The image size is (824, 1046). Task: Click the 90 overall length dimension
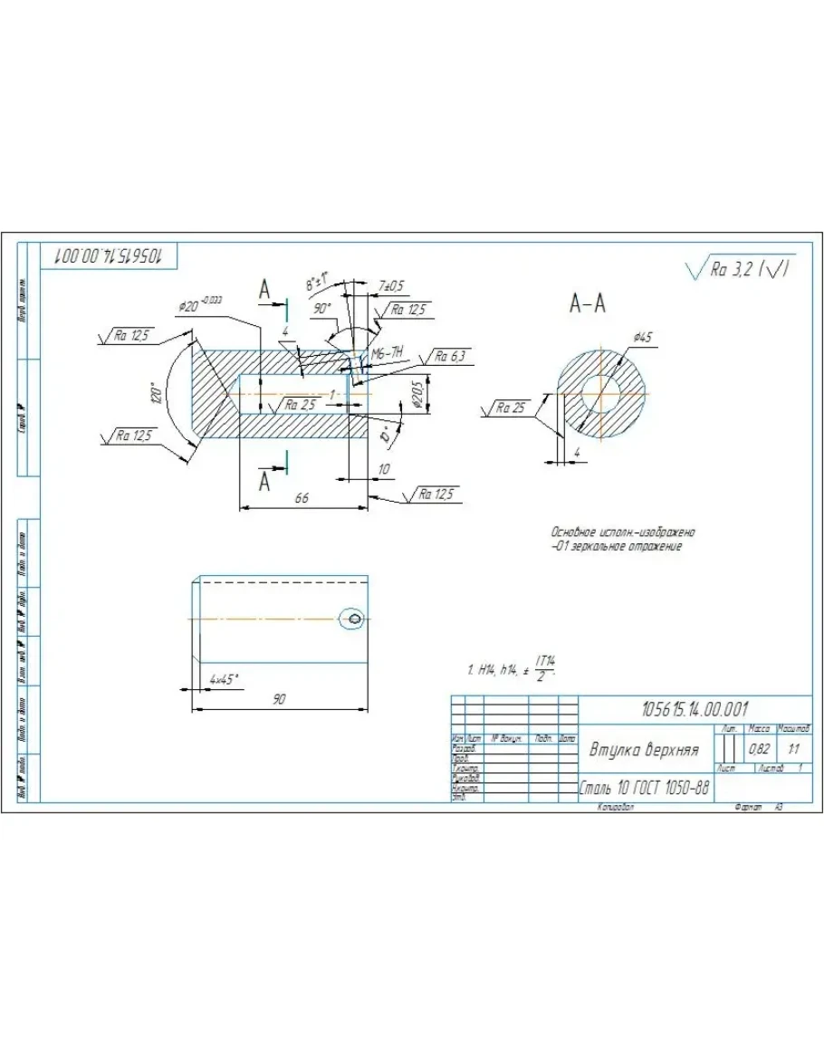pos(279,699)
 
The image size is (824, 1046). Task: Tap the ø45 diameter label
pos(643,337)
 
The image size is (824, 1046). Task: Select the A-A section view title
pos(588,305)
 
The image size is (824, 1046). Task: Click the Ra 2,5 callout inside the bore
pos(301,405)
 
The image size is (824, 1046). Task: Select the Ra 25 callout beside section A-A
pos(511,408)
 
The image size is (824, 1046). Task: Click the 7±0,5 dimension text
pos(391,286)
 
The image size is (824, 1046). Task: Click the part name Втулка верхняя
pos(645,750)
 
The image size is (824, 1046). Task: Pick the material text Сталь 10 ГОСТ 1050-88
pos(644,788)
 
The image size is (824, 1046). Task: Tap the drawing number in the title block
pos(695,708)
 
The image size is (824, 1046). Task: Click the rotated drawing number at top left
pos(109,255)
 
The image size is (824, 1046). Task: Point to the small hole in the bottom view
pos(354,619)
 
